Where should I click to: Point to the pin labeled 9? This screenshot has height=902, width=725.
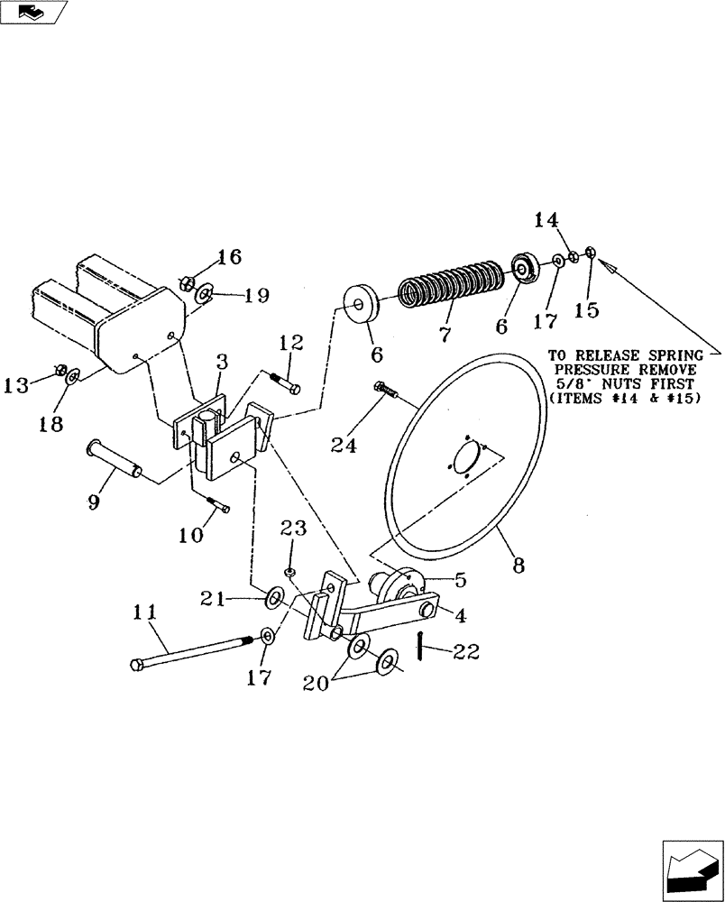pyautogui.click(x=114, y=457)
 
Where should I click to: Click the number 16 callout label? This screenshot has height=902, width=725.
pyautogui.click(x=229, y=257)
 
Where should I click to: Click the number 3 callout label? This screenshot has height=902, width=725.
pyautogui.click(x=223, y=361)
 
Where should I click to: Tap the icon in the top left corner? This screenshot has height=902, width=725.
pyautogui.click(x=33, y=12)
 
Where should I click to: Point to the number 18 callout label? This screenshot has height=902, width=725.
pyautogui.click(x=51, y=424)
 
